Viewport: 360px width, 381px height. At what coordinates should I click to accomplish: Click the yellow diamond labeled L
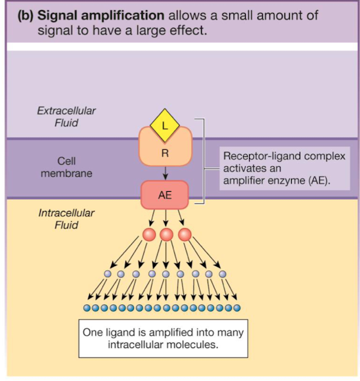click(x=165, y=125)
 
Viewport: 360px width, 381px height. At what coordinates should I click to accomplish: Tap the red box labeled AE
click(x=165, y=194)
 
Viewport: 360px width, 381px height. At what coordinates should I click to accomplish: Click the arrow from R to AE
click(x=165, y=173)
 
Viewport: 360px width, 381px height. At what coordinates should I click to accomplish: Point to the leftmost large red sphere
click(x=148, y=235)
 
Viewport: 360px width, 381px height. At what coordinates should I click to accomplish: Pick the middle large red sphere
click(x=166, y=235)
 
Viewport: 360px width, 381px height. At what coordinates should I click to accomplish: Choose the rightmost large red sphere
click(x=185, y=235)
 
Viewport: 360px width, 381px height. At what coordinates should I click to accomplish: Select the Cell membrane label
click(x=66, y=167)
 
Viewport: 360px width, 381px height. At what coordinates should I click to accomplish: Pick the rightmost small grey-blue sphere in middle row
click(x=223, y=274)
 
